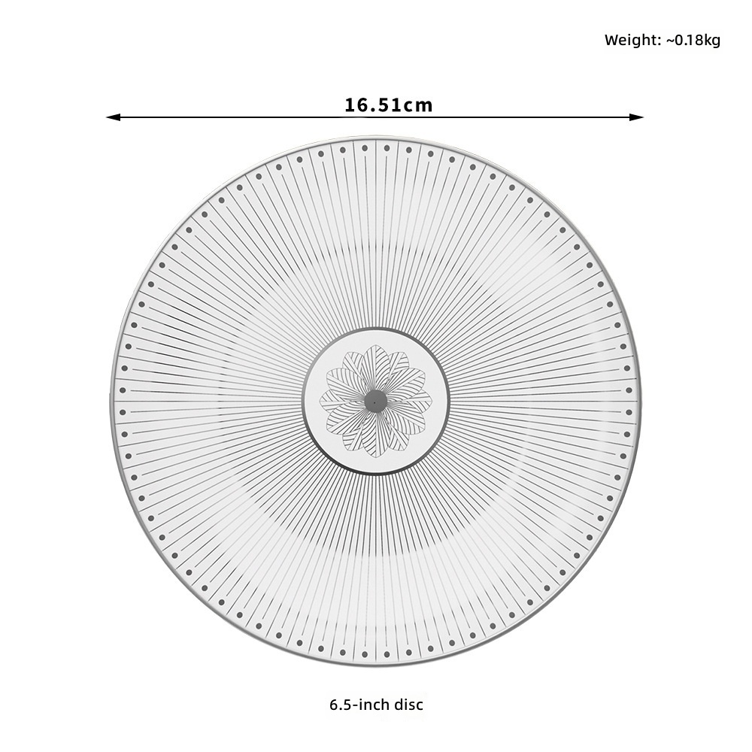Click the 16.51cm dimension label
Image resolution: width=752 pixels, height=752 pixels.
(389, 105)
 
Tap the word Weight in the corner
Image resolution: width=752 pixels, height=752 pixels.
(631, 41)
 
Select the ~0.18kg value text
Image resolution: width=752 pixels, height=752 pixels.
(693, 41)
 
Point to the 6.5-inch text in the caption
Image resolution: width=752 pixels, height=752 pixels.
(359, 705)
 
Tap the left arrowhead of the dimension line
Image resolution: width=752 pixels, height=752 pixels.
(114, 117)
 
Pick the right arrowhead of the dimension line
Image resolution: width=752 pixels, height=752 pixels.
(636, 117)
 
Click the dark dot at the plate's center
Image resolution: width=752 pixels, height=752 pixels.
(375, 401)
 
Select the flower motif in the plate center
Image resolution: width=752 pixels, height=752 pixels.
(375, 401)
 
